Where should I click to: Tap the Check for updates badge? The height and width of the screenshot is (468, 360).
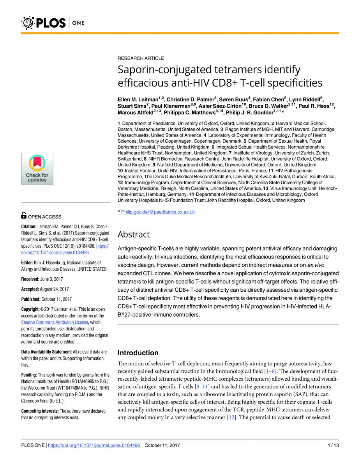pos(37,169)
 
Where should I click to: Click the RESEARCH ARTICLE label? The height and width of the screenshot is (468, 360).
pos(141,58)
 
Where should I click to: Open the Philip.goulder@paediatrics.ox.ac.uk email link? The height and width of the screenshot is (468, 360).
pos(158,212)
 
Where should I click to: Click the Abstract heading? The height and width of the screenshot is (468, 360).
pos(133,234)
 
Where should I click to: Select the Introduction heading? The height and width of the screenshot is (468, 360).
pos(138,353)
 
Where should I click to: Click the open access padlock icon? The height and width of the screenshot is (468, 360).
pos(24,215)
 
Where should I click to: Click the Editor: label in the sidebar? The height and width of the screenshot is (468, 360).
pos(29,263)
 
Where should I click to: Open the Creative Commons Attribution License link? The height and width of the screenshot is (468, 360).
pos(55,322)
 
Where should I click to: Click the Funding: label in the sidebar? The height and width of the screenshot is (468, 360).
pos(29,375)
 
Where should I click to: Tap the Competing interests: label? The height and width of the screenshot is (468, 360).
pos(39,411)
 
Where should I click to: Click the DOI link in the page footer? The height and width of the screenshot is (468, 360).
pos(94,445)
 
